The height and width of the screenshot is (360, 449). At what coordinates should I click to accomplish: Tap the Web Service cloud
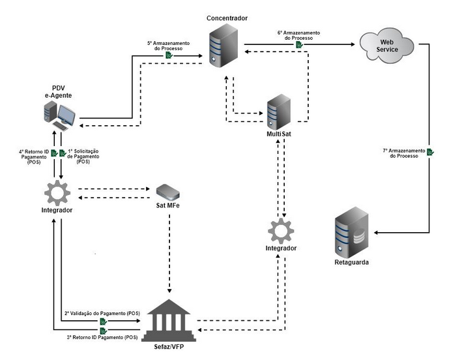(386, 45)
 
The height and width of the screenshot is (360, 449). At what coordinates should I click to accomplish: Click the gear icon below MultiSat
(281, 232)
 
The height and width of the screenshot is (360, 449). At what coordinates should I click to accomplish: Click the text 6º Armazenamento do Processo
(298, 35)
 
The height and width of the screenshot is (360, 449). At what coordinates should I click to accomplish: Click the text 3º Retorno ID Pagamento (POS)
(102, 337)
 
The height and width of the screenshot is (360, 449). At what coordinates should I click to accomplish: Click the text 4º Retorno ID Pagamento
(33, 156)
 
